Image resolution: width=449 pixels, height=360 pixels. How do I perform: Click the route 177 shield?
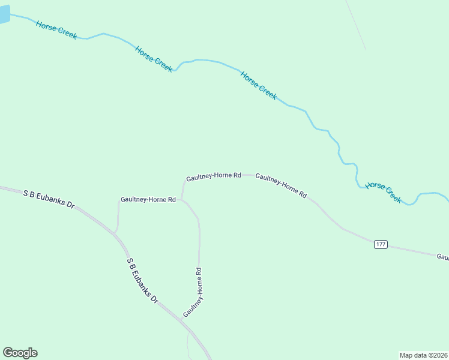pyautogui.click(x=381, y=244)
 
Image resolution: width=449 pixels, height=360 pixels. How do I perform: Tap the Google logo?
pyautogui.click(x=20, y=353)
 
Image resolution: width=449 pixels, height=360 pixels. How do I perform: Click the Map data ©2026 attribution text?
pyautogui.click(x=423, y=355)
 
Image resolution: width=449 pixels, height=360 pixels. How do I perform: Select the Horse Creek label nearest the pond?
pyautogui.click(x=56, y=29)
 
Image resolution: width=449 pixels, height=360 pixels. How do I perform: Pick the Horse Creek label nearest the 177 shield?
pyautogui.click(x=384, y=193)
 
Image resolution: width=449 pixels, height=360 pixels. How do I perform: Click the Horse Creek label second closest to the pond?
pyautogui.click(x=154, y=59)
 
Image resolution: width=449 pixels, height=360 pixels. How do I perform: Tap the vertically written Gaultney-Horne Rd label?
pyautogui.click(x=192, y=293)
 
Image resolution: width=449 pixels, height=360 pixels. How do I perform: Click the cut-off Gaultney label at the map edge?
pyautogui.click(x=442, y=257)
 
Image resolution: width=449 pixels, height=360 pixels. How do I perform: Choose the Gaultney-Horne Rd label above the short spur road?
pyautogui.click(x=148, y=199)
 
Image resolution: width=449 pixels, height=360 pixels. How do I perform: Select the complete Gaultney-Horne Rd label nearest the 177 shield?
pyautogui.click(x=281, y=185)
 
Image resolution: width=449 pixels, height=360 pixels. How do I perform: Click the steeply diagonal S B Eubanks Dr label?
pyautogui.click(x=142, y=280)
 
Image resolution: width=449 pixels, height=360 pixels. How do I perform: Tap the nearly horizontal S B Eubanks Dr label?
pyautogui.click(x=49, y=199)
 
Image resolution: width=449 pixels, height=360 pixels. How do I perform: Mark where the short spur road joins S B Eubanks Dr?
pyautogui.click(x=115, y=232)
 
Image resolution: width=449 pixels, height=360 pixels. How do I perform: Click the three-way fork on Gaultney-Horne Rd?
pyautogui.click(x=182, y=200)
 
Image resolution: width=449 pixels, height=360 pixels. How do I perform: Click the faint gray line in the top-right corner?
pyautogui.click(x=356, y=24)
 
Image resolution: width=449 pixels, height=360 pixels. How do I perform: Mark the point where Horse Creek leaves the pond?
pyautogui.click(x=11, y=15)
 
